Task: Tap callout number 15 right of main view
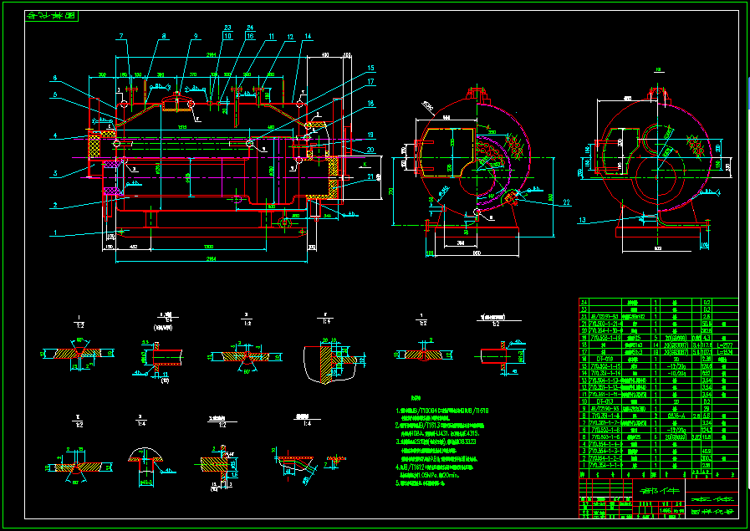click(370, 68)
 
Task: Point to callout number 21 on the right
click(370, 177)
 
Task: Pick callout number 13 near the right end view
click(582, 219)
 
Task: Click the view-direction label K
click(365, 166)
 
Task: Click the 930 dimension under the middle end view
click(477, 253)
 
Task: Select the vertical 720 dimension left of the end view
click(392, 191)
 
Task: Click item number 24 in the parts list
click(584, 301)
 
